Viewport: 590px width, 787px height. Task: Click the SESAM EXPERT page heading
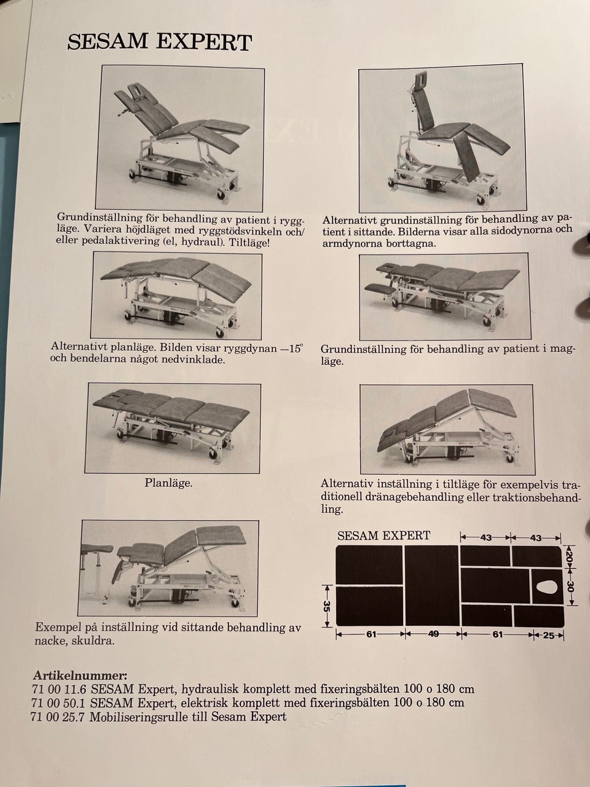(159, 42)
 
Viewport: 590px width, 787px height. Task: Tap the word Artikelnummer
(80, 676)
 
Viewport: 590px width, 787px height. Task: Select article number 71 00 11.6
(60, 689)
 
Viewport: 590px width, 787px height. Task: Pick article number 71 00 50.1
(60, 702)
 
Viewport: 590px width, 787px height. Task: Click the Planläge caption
(168, 483)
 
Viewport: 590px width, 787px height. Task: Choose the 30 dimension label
(570, 587)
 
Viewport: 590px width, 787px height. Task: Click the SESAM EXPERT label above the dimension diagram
(383, 536)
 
